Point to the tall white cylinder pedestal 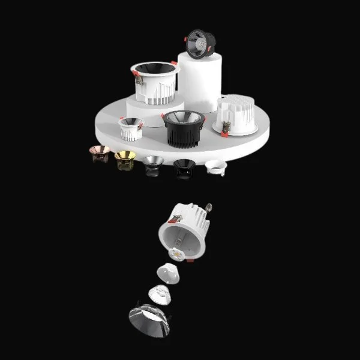(x=200, y=84)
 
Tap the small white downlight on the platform (x=131, y=128)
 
